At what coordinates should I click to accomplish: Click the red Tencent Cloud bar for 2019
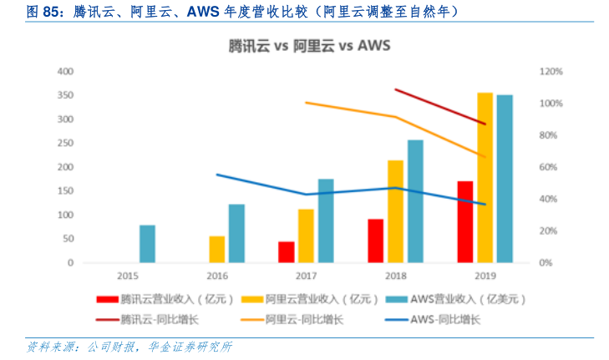coord(465,221)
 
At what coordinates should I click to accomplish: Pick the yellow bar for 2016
coord(217,249)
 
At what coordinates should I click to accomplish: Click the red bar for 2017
coord(287,252)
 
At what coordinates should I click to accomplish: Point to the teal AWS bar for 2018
coord(415,201)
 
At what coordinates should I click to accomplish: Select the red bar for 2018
coord(376,241)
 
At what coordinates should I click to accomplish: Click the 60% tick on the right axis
coord(548,167)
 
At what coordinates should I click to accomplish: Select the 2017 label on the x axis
coord(307,276)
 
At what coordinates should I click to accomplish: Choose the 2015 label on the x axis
coord(128,276)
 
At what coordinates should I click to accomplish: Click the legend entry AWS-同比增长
coord(446,318)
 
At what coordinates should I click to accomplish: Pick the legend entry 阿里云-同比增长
coord(303,318)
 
